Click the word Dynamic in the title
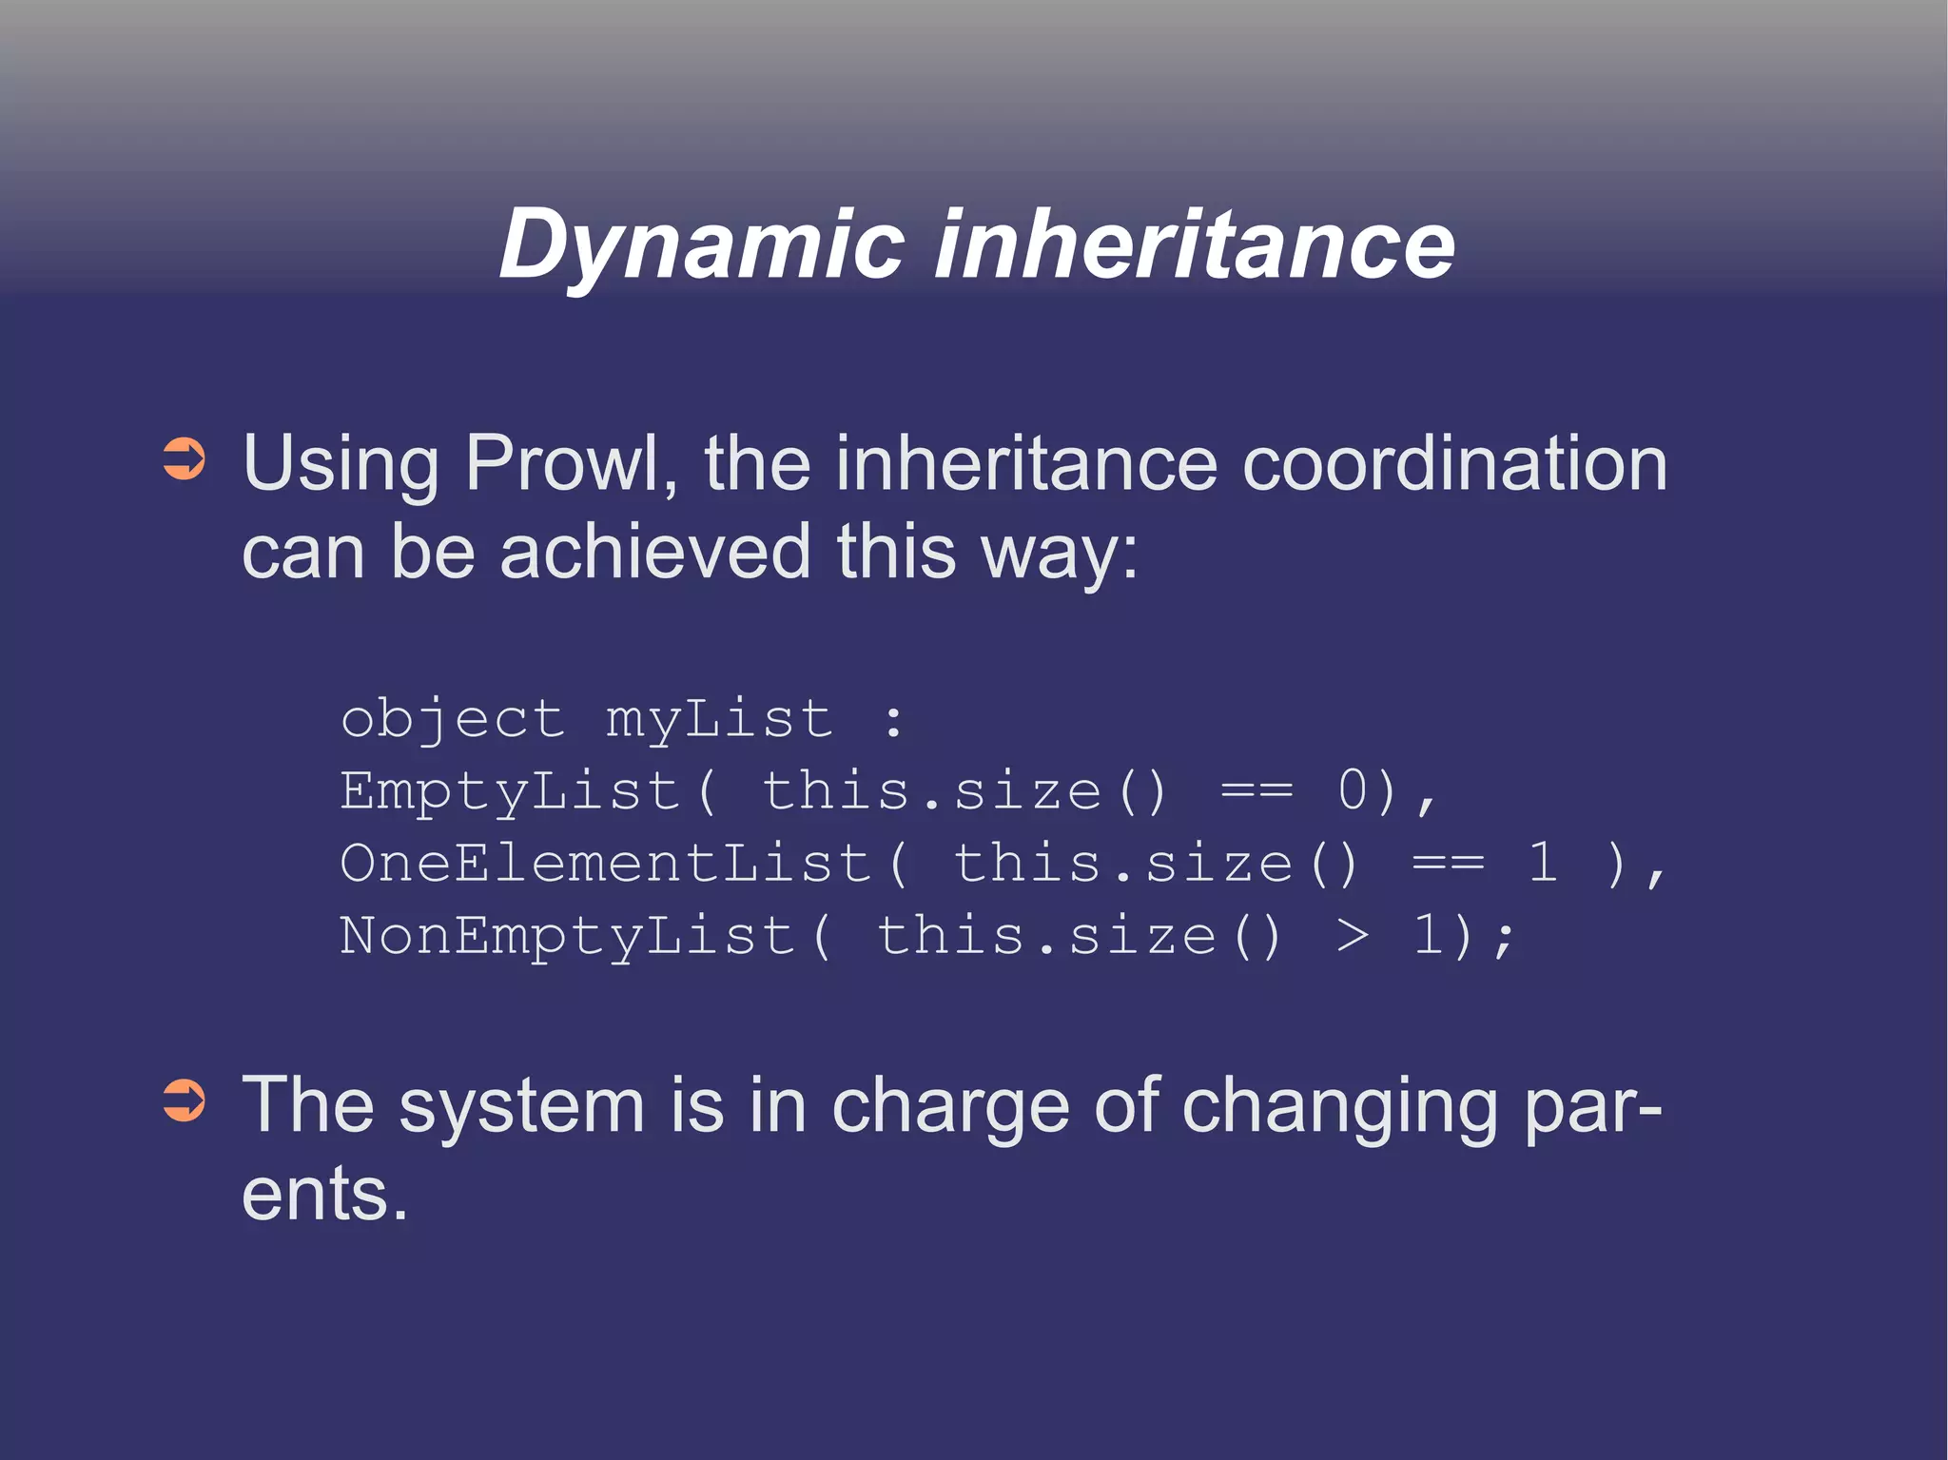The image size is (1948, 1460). click(701, 245)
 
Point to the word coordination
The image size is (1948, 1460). click(1454, 463)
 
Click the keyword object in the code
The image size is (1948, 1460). click(453, 719)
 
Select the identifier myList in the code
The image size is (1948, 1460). click(719, 719)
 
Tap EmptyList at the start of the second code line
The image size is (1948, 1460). click(510, 791)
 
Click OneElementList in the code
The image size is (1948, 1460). click(606, 864)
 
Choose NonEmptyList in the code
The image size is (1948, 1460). click(567, 936)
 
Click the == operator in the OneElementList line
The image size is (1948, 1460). click(1448, 864)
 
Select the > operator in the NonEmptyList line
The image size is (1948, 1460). click(1353, 936)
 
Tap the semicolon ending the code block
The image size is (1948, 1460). click(1504, 938)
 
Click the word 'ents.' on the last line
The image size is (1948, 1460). click(324, 1194)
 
